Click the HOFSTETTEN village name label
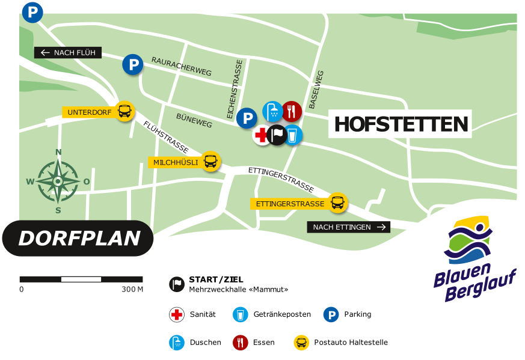tap(401, 124)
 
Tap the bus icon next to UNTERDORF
tap(124, 111)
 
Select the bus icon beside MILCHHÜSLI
tap(210, 162)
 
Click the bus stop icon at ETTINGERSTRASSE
tap(338, 203)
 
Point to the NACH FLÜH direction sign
tap(68, 53)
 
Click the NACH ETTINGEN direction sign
tap(348, 227)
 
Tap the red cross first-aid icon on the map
tap(261, 136)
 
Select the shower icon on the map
tap(272, 111)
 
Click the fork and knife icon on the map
tap(292, 110)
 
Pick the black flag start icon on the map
tap(277, 135)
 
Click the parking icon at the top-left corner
tap(32, 12)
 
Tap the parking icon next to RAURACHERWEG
tap(133, 64)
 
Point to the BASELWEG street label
tap(316, 90)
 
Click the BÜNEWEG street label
tap(194, 120)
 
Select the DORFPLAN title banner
tap(78, 238)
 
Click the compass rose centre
tap(58, 181)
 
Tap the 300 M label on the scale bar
tap(132, 290)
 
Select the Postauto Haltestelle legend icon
tap(301, 343)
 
